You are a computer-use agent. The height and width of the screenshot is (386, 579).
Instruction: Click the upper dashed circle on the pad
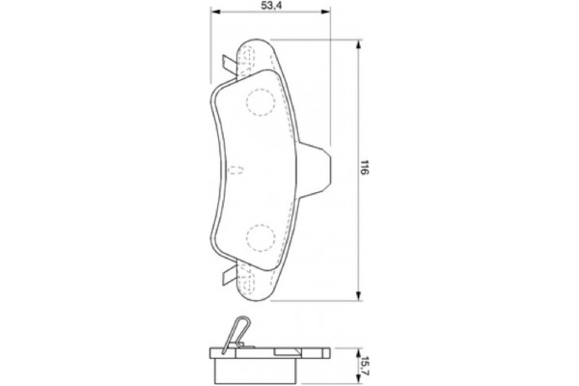pyautogui.click(x=261, y=100)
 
